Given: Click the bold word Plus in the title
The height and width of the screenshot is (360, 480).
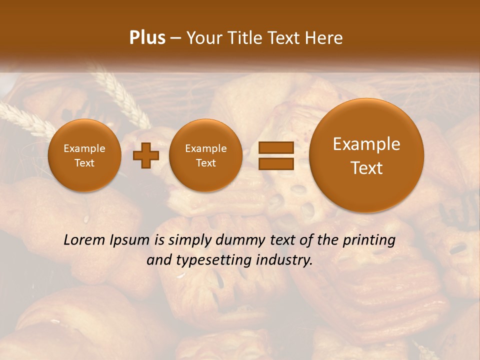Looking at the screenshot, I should tap(147, 38).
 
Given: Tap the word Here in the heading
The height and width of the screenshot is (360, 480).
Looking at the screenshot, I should tap(325, 38).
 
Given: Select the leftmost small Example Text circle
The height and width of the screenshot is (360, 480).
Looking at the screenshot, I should tap(84, 155).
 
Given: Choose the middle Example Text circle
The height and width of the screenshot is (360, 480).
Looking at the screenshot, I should tap(205, 155).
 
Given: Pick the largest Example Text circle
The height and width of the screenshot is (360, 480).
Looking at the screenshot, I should tap(366, 155).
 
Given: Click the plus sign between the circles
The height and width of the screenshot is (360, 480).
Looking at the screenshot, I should tap(146, 155).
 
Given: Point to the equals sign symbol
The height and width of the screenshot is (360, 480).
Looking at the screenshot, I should tap(276, 155).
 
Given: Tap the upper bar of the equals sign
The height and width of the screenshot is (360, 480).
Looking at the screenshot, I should tap(276, 147).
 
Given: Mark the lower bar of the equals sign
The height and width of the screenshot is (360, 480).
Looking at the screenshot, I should tap(276, 164).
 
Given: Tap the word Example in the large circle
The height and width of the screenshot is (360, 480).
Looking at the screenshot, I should tap(366, 144).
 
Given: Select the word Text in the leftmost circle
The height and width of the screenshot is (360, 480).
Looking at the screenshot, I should tap(84, 163).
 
